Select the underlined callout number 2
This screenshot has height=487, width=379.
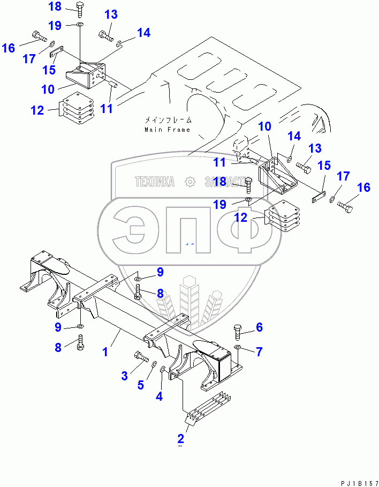(181, 439)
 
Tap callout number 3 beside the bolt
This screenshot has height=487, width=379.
(124, 376)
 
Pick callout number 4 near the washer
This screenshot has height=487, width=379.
(159, 396)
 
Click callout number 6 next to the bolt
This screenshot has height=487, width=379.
(259, 327)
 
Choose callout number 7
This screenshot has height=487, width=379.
(259, 351)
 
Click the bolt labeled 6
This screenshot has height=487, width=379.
(239, 332)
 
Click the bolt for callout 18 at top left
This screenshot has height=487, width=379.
(80, 9)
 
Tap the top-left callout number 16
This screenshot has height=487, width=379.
(9, 48)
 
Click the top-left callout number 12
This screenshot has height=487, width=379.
(37, 110)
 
